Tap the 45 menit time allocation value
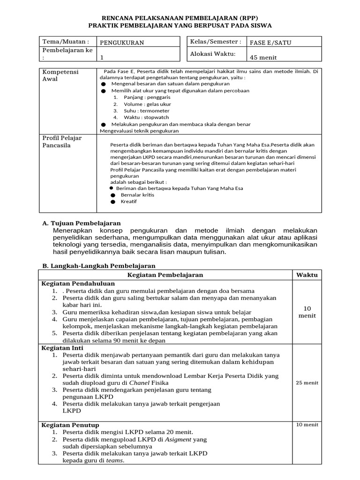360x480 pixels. (x=264, y=57)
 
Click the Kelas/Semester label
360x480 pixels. (x=216, y=42)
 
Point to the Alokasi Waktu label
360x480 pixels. (x=212, y=54)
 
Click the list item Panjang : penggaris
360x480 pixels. (x=140, y=97)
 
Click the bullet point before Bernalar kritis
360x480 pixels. (x=113, y=195)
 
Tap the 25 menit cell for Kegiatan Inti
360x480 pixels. (x=307, y=382)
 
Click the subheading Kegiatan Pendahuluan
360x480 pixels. (x=78, y=284)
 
